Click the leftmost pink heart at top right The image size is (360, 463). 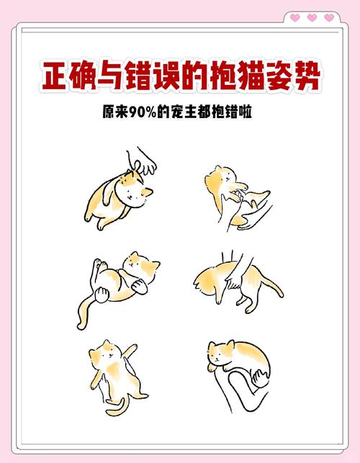tap(294, 17)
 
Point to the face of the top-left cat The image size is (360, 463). tap(132, 191)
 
